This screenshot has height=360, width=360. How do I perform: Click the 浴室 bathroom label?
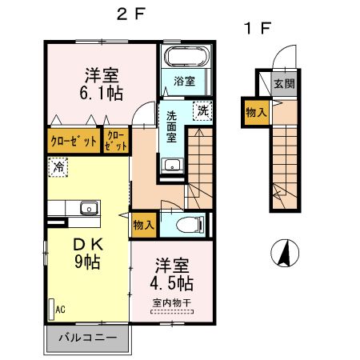pyautogui.click(x=185, y=79)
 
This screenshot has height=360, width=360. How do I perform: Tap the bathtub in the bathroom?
pyautogui.click(x=185, y=58)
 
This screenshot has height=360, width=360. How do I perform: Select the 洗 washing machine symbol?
pyautogui.click(x=203, y=111)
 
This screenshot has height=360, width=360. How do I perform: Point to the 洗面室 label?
pyautogui.click(x=172, y=126)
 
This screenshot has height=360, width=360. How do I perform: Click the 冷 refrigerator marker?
pyautogui.click(x=58, y=167)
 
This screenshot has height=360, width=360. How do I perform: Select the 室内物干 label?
pyautogui.click(x=172, y=302)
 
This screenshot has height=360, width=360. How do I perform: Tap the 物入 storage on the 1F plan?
pyautogui.click(x=256, y=113)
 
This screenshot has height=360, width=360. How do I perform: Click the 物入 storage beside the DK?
pyautogui.click(x=144, y=226)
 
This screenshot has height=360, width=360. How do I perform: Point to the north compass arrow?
pyautogui.click(x=282, y=254)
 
